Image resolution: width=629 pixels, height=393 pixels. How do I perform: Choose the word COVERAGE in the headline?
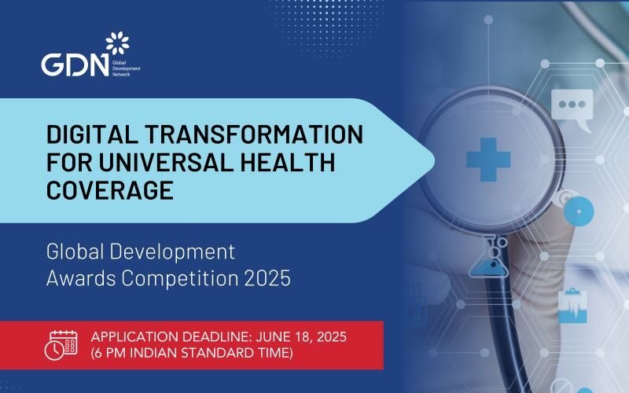[109, 191]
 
